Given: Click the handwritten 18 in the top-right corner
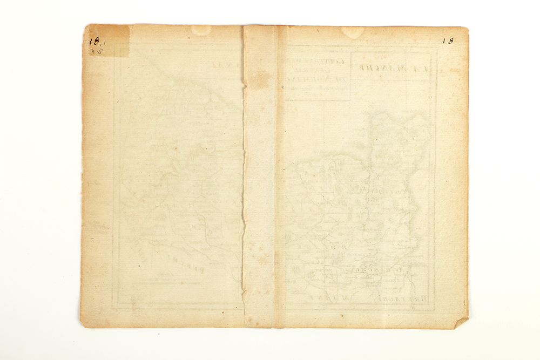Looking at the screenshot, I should tap(448, 40).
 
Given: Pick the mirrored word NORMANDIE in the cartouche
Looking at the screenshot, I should tap(317, 81).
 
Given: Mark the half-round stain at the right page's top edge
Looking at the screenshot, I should tap(352, 32).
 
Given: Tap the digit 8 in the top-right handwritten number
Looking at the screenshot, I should tap(450, 40).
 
